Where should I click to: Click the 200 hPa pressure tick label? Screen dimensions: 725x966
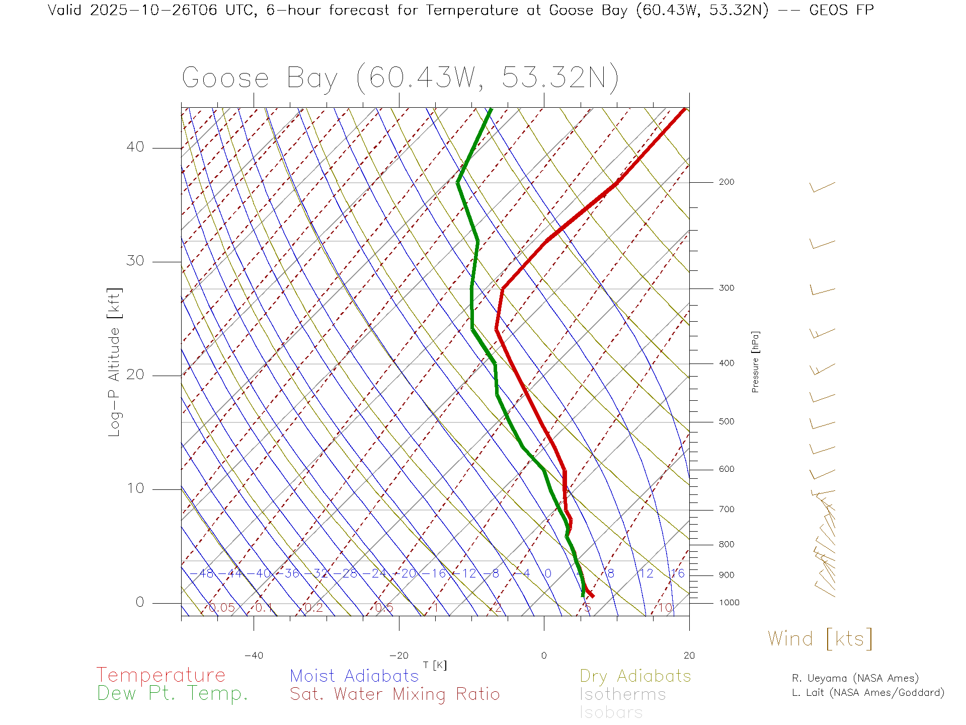tap(726, 182)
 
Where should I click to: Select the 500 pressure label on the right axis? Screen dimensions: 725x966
tap(726, 422)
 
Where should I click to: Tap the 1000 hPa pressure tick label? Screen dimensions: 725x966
tap(729, 603)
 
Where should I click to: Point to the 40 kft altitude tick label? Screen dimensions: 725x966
tap(135, 147)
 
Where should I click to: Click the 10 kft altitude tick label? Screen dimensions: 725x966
tap(135, 488)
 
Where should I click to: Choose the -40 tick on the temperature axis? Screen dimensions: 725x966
tap(254, 656)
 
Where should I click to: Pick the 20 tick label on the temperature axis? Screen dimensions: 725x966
tap(689, 656)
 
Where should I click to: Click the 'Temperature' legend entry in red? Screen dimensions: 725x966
tap(160, 675)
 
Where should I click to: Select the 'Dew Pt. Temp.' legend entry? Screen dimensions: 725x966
tap(173, 694)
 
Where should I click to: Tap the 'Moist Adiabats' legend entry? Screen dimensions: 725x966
tap(354, 676)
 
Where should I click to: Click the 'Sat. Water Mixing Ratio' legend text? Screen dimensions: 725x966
tap(394, 694)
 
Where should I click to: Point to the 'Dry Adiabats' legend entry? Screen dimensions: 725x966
tap(635, 676)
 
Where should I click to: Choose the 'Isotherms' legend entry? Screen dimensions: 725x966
tap(622, 694)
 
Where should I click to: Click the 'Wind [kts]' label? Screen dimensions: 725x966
tap(820, 639)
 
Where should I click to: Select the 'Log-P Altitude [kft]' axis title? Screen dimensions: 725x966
tap(115, 362)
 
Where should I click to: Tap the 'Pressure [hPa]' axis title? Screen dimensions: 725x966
tap(755, 361)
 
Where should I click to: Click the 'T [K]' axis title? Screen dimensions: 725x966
tap(435, 665)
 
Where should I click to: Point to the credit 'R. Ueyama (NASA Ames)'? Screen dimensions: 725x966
tap(855, 678)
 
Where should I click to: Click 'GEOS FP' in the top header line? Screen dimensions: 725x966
tap(841, 10)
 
